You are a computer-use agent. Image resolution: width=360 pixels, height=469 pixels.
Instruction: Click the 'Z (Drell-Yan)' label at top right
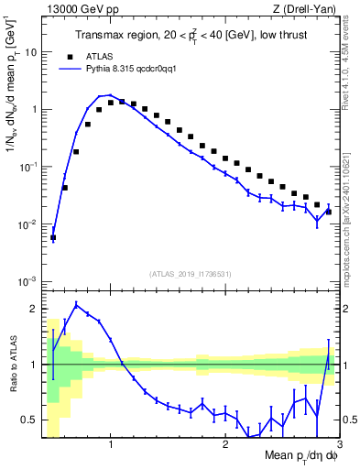click(x=309, y=9)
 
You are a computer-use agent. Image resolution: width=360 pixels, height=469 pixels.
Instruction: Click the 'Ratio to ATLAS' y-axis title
click(x=12, y=365)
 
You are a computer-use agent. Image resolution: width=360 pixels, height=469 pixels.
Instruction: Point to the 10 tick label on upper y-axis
click(x=30, y=52)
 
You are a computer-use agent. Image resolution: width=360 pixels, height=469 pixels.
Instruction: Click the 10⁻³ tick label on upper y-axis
click(x=27, y=280)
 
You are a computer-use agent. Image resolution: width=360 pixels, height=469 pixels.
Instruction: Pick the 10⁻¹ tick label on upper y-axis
click(x=27, y=167)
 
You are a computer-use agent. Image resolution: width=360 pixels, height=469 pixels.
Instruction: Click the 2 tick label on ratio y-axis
click(x=34, y=309)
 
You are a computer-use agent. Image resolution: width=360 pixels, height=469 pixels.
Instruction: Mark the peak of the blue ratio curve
click(x=76, y=305)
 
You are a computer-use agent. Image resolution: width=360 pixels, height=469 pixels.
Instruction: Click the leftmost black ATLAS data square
click(x=53, y=237)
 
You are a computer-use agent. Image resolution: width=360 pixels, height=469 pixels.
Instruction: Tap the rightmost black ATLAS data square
click(x=329, y=212)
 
